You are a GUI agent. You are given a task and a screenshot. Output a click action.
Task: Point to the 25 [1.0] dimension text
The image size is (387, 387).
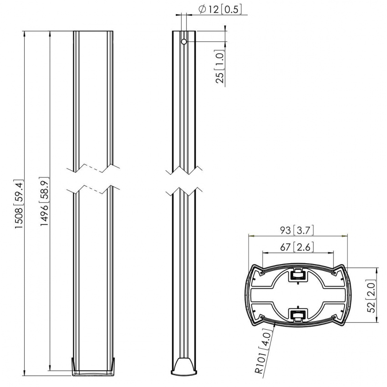click(220, 68)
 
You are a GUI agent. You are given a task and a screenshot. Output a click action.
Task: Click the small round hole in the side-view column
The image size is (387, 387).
click(184, 41)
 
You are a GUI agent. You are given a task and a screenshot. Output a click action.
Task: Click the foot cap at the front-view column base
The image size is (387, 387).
click(94, 366)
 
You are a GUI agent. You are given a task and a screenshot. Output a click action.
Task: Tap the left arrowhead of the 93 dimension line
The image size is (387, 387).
click(250, 236)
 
